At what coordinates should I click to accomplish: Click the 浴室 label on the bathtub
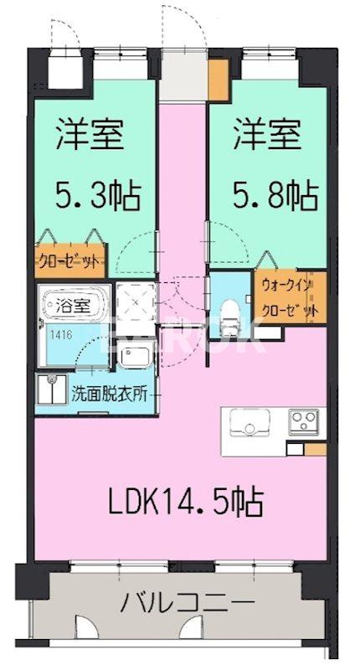click(73, 306)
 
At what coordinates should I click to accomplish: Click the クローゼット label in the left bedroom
click(69, 260)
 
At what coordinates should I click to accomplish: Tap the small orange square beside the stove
click(316, 449)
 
